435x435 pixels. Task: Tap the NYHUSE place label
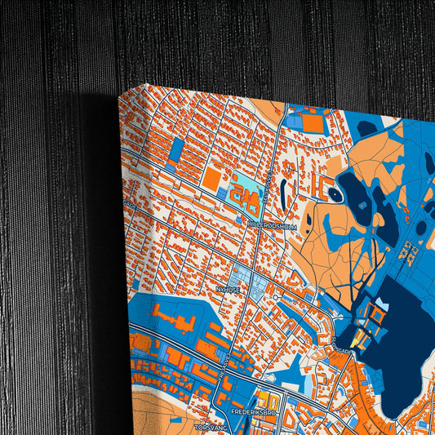coord(227,288)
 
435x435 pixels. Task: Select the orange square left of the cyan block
coord(212,179)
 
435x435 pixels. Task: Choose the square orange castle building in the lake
coord(378,312)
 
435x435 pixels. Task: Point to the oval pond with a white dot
coord(335,194)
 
